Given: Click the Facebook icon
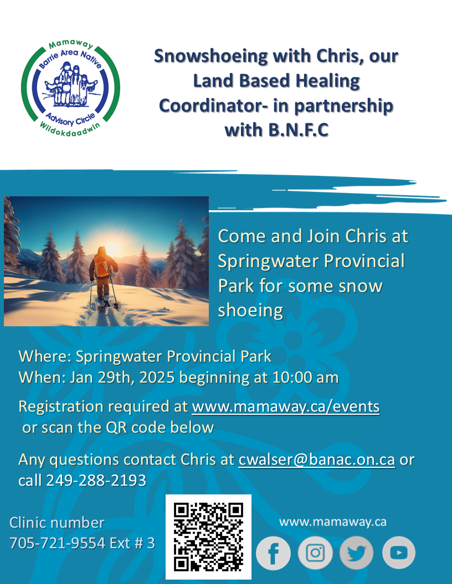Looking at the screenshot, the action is coord(273,552).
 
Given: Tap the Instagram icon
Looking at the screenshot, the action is coord(315,552).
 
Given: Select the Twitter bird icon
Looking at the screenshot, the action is coord(357,552).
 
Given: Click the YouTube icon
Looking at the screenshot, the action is coord(399,552).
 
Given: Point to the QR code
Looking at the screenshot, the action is coord(208,536).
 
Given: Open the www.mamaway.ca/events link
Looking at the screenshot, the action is coord(286,406).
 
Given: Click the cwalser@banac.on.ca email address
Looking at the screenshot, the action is coord(317,460).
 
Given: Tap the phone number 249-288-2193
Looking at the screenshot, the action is coord(96,481).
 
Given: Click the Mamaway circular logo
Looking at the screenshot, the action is coord(70,88).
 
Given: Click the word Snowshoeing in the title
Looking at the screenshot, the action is coord(211,56).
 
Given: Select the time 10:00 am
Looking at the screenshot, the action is coord(305,377).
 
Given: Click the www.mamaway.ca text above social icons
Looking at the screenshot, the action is coord(333,522).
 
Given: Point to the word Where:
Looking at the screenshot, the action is coord(45,357).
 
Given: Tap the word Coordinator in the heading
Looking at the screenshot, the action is coord(211,106).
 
